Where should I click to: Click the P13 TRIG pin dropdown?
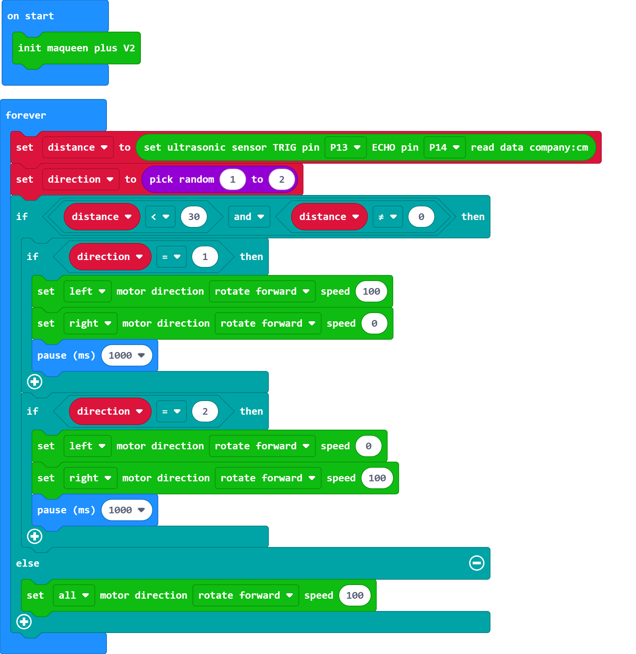pyautogui.click(x=345, y=147)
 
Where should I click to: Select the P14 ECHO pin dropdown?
pyautogui.click(x=444, y=147)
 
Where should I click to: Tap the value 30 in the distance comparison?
pyautogui.click(x=194, y=217)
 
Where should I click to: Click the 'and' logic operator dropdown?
pyautogui.click(x=249, y=217)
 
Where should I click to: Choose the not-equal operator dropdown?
pyautogui.click(x=388, y=217)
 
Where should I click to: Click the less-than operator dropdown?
pyautogui.click(x=160, y=217)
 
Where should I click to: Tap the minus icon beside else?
pyautogui.click(x=476, y=563)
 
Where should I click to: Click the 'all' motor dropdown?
pyautogui.click(x=74, y=595)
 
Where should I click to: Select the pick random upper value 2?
pyautogui.click(x=282, y=180)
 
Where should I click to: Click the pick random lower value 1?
pyautogui.click(x=232, y=180)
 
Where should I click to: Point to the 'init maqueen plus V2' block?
pyautogui.click(x=76, y=48)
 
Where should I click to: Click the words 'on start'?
pyautogui.click(x=30, y=16)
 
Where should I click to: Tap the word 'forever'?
pyautogui.click(x=26, y=115)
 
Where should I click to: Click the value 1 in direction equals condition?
pyautogui.click(x=205, y=257)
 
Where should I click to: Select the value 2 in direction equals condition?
pyautogui.click(x=205, y=411)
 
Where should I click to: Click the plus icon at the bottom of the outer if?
pyautogui.click(x=24, y=622)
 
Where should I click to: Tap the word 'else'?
pyautogui.click(x=28, y=563)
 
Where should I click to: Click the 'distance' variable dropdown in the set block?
pyautogui.click(x=78, y=147)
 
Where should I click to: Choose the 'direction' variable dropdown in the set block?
pyautogui.click(x=81, y=180)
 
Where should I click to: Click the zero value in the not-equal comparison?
pyautogui.click(x=421, y=217)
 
